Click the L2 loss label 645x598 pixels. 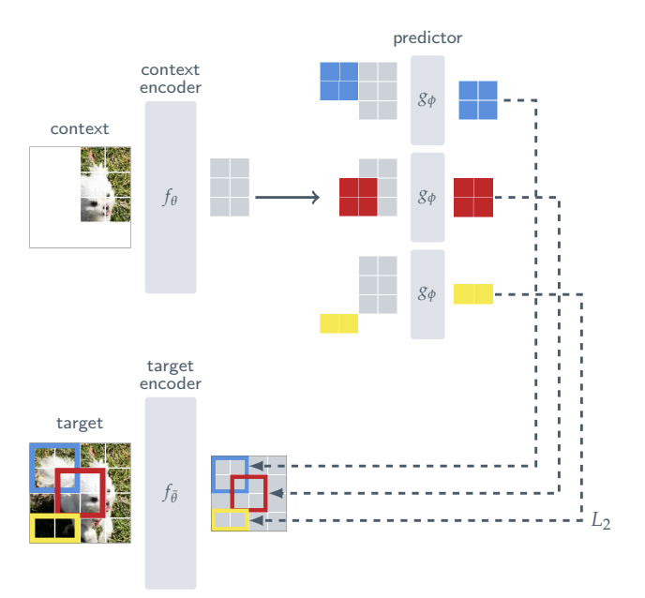pos(601,522)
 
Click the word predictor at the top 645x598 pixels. pos(427,38)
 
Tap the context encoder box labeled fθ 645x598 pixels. pos(170,198)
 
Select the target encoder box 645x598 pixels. pos(170,493)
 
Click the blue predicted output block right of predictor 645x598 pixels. pos(477,100)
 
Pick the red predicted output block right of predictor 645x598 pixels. pos(473,198)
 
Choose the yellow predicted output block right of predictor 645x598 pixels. pos(472,294)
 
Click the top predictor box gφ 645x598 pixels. pos(427,100)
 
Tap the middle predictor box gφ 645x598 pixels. pos(427,198)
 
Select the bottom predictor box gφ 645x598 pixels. pos(427,294)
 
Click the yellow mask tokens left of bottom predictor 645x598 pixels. pos(338,323)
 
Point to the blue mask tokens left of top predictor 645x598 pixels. pos(338,82)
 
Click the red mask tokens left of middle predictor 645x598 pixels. pos(358,198)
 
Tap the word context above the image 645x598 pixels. pos(80,129)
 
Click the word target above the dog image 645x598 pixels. pos(80,424)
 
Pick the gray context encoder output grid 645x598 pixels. pos(230,187)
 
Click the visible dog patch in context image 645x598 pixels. pos(105,184)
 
